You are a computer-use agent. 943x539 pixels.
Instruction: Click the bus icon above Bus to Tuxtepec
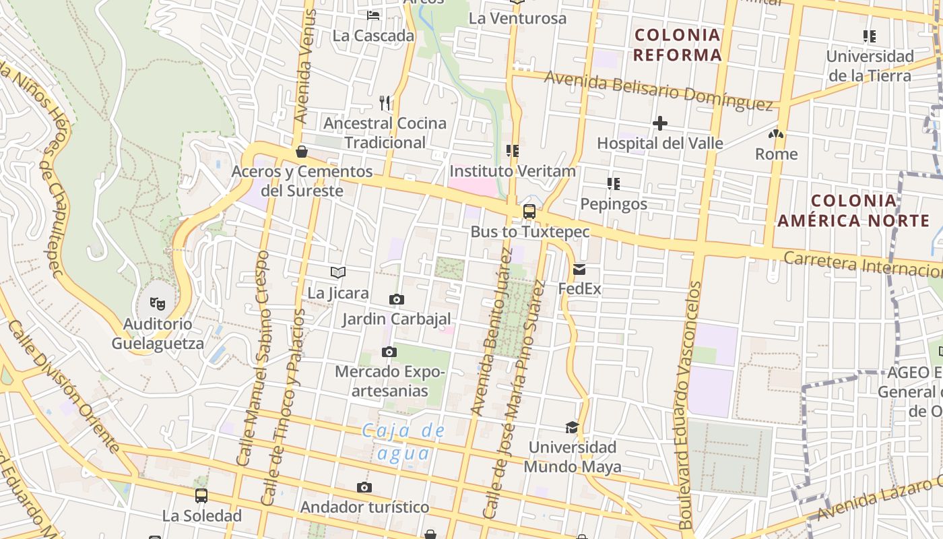tap(529, 212)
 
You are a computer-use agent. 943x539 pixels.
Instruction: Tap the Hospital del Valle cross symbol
tap(660, 123)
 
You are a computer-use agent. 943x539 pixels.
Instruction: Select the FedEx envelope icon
tap(579, 269)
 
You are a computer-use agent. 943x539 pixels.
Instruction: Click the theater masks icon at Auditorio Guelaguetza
tap(157, 303)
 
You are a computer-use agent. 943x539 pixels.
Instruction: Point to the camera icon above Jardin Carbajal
tap(397, 299)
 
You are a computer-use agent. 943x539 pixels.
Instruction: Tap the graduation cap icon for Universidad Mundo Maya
tap(572, 427)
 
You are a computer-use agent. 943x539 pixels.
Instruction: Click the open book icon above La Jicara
tap(338, 273)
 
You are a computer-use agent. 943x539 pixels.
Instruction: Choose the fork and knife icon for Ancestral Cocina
tap(385, 102)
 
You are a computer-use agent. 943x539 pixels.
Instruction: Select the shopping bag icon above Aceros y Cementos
tap(302, 152)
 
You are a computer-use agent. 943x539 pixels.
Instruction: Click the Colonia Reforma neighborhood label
tap(678, 45)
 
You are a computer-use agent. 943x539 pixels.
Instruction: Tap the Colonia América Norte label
tap(853, 210)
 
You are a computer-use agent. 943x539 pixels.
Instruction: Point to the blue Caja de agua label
tap(403, 441)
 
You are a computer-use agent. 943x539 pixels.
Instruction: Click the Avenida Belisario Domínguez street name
tap(658, 90)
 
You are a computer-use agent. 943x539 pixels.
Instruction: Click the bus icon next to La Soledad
tap(201, 496)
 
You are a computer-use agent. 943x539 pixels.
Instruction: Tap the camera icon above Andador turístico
tap(364, 488)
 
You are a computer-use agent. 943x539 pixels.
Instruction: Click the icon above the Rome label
tap(776, 134)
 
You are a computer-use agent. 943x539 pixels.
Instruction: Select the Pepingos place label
tap(614, 204)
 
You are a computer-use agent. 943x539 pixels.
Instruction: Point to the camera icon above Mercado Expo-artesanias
tap(389, 352)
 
